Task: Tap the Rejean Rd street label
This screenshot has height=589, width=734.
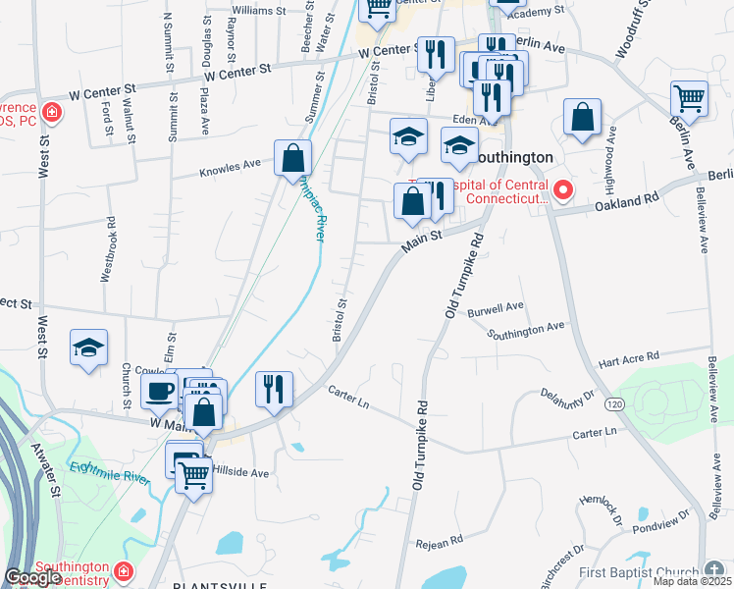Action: (438, 541)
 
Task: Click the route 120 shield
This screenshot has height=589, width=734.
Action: (614, 404)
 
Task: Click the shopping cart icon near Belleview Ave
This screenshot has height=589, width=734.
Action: (690, 99)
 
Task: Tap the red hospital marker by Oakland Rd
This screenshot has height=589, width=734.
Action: (563, 190)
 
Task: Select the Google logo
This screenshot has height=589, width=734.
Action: (31, 577)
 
